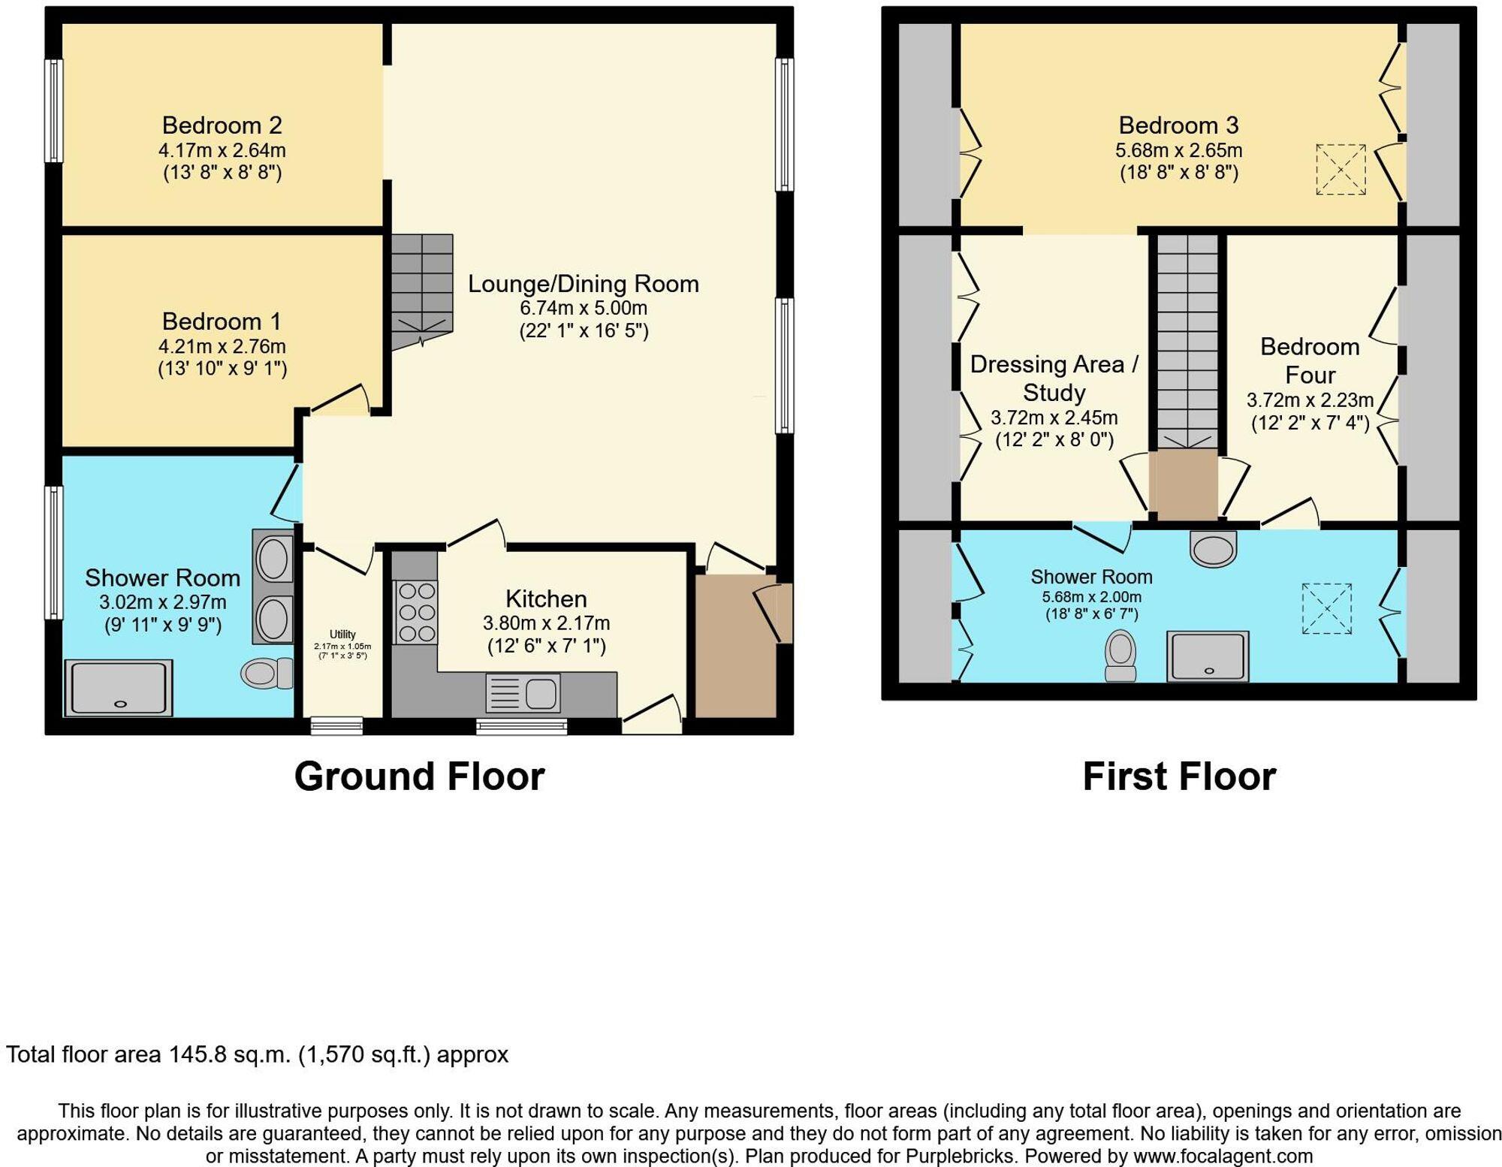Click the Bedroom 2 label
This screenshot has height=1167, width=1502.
pos(222,125)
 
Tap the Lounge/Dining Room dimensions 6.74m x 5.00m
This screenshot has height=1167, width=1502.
pos(584,308)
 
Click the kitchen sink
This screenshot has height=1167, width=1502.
pos(523,692)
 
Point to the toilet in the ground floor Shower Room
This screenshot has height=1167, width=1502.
pos(267,673)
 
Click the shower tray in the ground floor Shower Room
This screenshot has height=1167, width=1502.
pos(119,688)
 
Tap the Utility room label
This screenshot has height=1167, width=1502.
pos(342,635)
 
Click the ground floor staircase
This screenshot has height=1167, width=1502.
pos(421,289)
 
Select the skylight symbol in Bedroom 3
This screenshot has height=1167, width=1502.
pos(1341,170)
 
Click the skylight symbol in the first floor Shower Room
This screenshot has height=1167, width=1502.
pos(1326,608)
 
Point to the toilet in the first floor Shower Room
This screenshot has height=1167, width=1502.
pos(1120,655)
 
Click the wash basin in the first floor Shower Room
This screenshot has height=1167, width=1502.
pos(1213,548)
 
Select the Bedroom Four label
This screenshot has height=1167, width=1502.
pos(1310,360)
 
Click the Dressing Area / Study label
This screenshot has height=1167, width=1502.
pos(1054,378)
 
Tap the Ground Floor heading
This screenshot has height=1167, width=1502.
pos(419,776)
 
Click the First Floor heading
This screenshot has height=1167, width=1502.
pos(1179,776)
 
